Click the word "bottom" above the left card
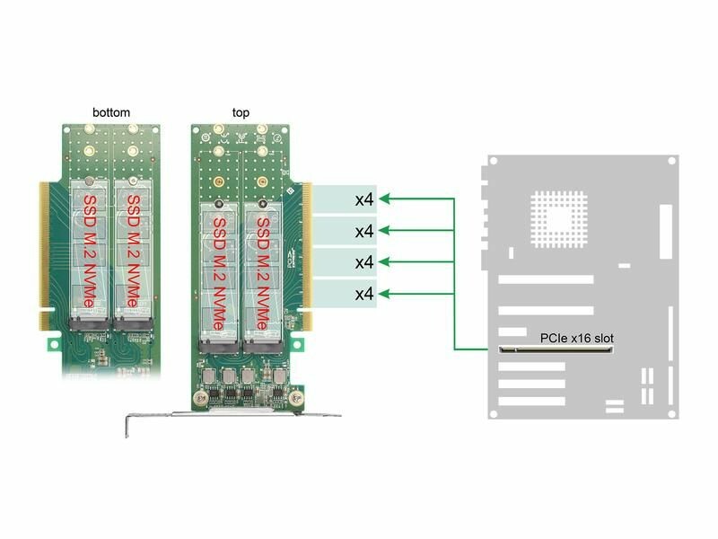pyautogui.click(x=111, y=112)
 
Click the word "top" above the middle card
pyautogui.click(x=241, y=113)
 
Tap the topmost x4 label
pyautogui.click(x=364, y=199)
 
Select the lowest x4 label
pyautogui.click(x=364, y=294)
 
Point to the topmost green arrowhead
pyautogui.click(x=385, y=199)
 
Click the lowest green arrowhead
pyautogui.click(x=385, y=294)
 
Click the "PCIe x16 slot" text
pyautogui.click(x=576, y=339)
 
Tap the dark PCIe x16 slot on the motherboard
pyautogui.click(x=556, y=350)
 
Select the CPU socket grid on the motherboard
pyautogui.click(x=559, y=219)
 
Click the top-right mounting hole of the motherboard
pyautogui.click(x=671, y=161)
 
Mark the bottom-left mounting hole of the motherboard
pyautogui.click(x=493, y=414)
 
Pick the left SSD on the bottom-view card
pyautogui.click(x=89, y=250)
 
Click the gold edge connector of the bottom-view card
pyautogui.click(x=44, y=256)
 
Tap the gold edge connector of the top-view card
pyautogui.click(x=307, y=256)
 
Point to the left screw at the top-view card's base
pyautogui.click(x=200, y=397)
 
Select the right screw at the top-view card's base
pyautogui.click(x=296, y=397)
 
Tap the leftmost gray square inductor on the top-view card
pyautogui.click(x=209, y=376)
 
